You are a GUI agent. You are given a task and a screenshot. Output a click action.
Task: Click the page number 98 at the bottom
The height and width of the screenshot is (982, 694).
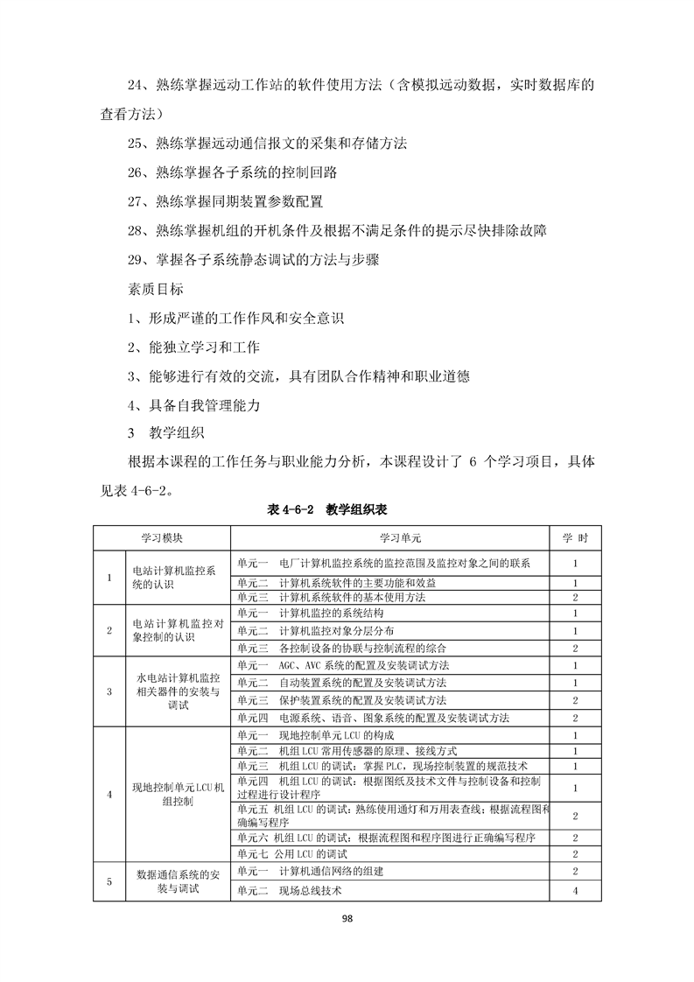click(347, 918)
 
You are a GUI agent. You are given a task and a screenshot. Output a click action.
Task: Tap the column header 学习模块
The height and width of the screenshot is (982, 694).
click(162, 537)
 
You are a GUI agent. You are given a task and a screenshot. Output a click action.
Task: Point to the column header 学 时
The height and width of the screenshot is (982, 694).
click(574, 537)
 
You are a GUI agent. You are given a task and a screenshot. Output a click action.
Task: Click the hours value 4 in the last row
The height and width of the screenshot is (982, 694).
click(575, 890)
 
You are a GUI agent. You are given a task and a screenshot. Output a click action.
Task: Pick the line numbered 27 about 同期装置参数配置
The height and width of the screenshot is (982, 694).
click(225, 201)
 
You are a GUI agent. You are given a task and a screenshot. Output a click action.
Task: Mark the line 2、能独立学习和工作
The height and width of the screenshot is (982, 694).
click(193, 347)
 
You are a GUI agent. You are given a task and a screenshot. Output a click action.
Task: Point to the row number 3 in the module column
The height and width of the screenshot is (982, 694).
click(109, 691)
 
